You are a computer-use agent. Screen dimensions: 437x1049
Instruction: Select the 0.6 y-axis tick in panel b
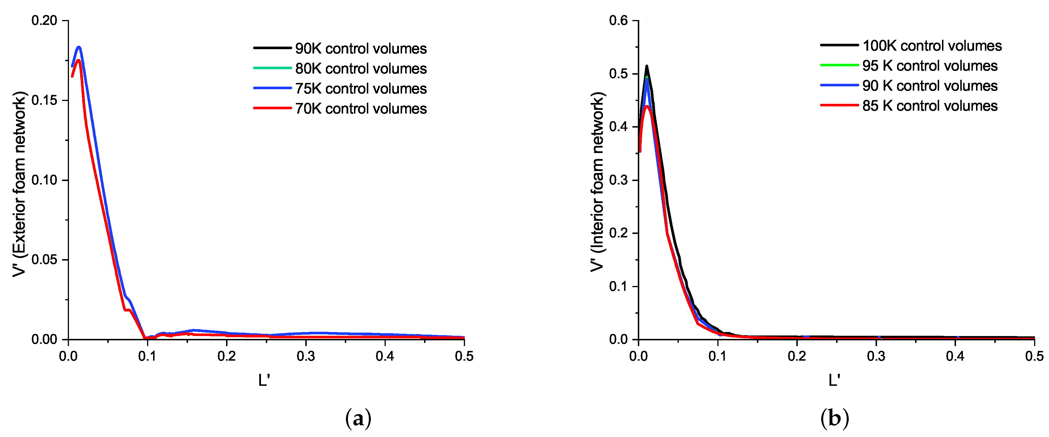618,20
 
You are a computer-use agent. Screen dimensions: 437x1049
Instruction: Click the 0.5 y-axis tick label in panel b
618,74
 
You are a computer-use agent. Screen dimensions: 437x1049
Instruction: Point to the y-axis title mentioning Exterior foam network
19,184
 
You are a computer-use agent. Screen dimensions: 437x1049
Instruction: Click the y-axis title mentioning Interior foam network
597,182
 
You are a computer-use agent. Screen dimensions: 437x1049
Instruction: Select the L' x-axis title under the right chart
834,380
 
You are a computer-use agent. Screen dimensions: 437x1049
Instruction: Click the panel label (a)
358,418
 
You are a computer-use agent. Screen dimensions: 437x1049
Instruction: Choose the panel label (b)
834,418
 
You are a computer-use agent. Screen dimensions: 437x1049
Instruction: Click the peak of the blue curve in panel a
79,47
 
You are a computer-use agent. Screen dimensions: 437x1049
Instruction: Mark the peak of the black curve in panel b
646,66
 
